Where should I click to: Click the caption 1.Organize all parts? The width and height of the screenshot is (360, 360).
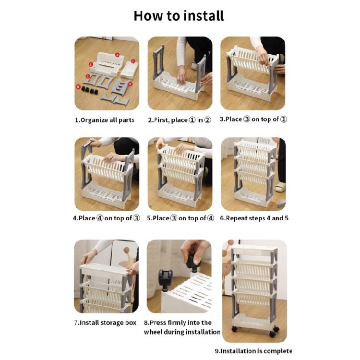point(105,120)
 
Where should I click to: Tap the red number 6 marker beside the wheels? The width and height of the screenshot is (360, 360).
point(78,86)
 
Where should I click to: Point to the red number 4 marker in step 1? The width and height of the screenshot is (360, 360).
point(131,84)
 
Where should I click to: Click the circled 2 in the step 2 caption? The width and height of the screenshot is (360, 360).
point(207,120)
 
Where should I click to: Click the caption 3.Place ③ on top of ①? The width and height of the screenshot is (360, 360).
point(253,119)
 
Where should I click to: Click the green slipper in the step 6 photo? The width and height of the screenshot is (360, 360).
point(280,187)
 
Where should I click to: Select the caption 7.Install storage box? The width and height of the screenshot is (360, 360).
point(105,323)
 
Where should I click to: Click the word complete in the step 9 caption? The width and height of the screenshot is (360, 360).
point(276,351)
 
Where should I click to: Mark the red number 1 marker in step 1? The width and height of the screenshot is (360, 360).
point(91,64)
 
